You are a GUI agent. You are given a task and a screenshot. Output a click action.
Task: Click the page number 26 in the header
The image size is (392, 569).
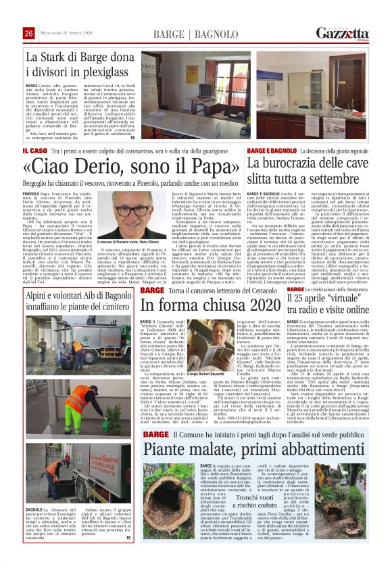[28, 34]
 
